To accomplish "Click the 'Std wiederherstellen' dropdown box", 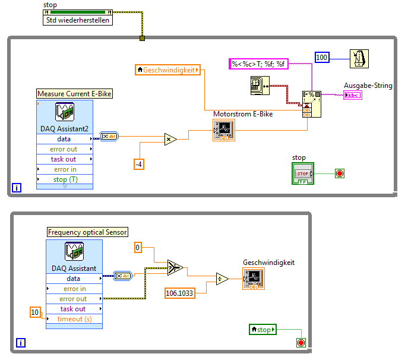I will tap(78, 20).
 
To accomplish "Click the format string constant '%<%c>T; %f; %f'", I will tap(258, 64).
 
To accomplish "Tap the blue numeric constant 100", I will tap(322, 58).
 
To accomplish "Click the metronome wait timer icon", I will tap(359, 59).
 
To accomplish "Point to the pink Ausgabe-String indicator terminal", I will tap(353, 95).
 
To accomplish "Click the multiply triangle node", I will tap(171, 140).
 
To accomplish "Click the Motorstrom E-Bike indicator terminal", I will tap(224, 130).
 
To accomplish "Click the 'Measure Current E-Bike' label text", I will tap(74, 93).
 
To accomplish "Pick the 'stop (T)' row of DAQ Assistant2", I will tap(65, 179).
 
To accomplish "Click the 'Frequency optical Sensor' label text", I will tap(87, 232).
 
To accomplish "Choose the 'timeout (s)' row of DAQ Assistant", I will tap(74, 319).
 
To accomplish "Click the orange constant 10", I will tap(36, 312).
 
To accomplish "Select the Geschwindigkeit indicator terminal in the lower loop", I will tap(253, 279).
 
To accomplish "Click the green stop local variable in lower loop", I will tap(263, 329).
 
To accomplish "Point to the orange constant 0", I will tap(138, 247).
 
